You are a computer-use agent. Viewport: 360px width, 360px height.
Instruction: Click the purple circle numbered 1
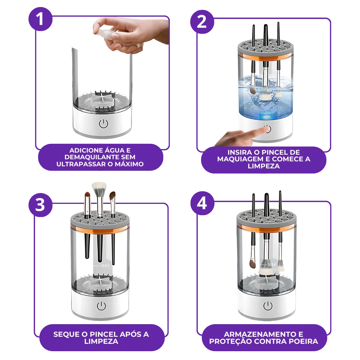[40, 19]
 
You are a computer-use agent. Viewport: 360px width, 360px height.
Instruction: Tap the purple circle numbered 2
[202, 22]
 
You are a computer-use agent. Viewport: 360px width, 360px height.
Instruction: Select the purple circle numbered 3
[40, 205]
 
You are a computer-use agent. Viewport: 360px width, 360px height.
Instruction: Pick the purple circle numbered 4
[202, 203]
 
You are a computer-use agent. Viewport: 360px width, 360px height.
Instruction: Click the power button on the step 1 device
[103, 124]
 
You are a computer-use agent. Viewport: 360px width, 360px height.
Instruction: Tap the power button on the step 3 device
[102, 306]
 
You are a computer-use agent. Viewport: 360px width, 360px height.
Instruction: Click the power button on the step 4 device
[268, 306]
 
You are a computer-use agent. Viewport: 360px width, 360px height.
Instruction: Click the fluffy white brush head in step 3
[99, 188]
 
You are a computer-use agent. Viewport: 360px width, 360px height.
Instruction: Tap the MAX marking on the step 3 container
[105, 266]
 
